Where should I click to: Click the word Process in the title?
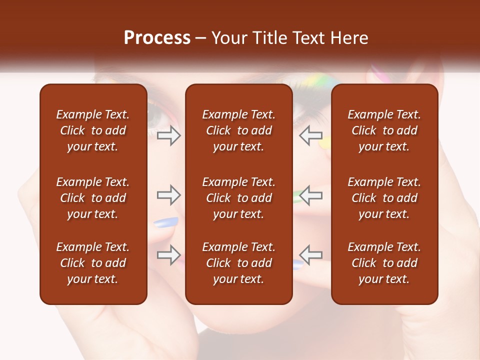coord(157,38)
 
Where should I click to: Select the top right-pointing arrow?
coord(169,135)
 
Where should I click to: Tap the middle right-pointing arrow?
coord(169,195)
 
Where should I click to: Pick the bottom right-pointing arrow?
coord(169,255)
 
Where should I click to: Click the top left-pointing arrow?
coord(310,135)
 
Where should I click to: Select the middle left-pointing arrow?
coord(310,195)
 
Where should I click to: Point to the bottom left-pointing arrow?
coord(310,255)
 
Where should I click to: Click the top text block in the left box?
coord(93,130)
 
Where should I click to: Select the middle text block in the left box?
coord(93,198)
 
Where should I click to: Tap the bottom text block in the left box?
coord(93,263)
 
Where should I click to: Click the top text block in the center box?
coord(238,130)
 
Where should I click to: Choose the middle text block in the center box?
coord(238,198)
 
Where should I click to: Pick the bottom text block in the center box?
coord(238,263)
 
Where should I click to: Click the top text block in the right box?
coord(384,130)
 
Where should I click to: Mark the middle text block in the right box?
coord(384,198)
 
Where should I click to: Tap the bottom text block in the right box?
coord(384,263)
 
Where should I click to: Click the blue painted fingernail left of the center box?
coord(166,222)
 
